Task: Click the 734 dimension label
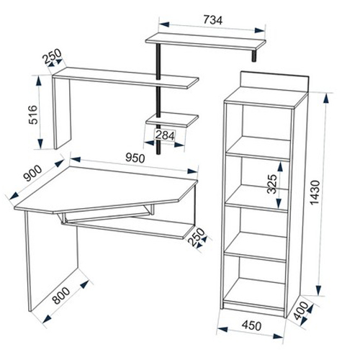coord(213,20)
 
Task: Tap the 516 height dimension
coord(33,114)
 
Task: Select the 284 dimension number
coord(165,135)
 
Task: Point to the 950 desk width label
coord(135,158)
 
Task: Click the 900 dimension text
coord(33,174)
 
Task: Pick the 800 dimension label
coord(61,295)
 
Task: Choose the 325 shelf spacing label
coord(272,184)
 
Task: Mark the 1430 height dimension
coord(315,193)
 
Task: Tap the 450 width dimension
coord(251,325)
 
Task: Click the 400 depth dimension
coord(301,311)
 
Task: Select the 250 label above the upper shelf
coord(52,56)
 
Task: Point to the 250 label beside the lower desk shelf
coord(197,237)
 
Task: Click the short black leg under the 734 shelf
coord(253,55)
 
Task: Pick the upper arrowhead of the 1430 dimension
coord(326,99)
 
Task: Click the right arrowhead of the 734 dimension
coord(260,30)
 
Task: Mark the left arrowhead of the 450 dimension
coord(222,329)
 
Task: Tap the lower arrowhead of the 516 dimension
coord(40,143)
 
